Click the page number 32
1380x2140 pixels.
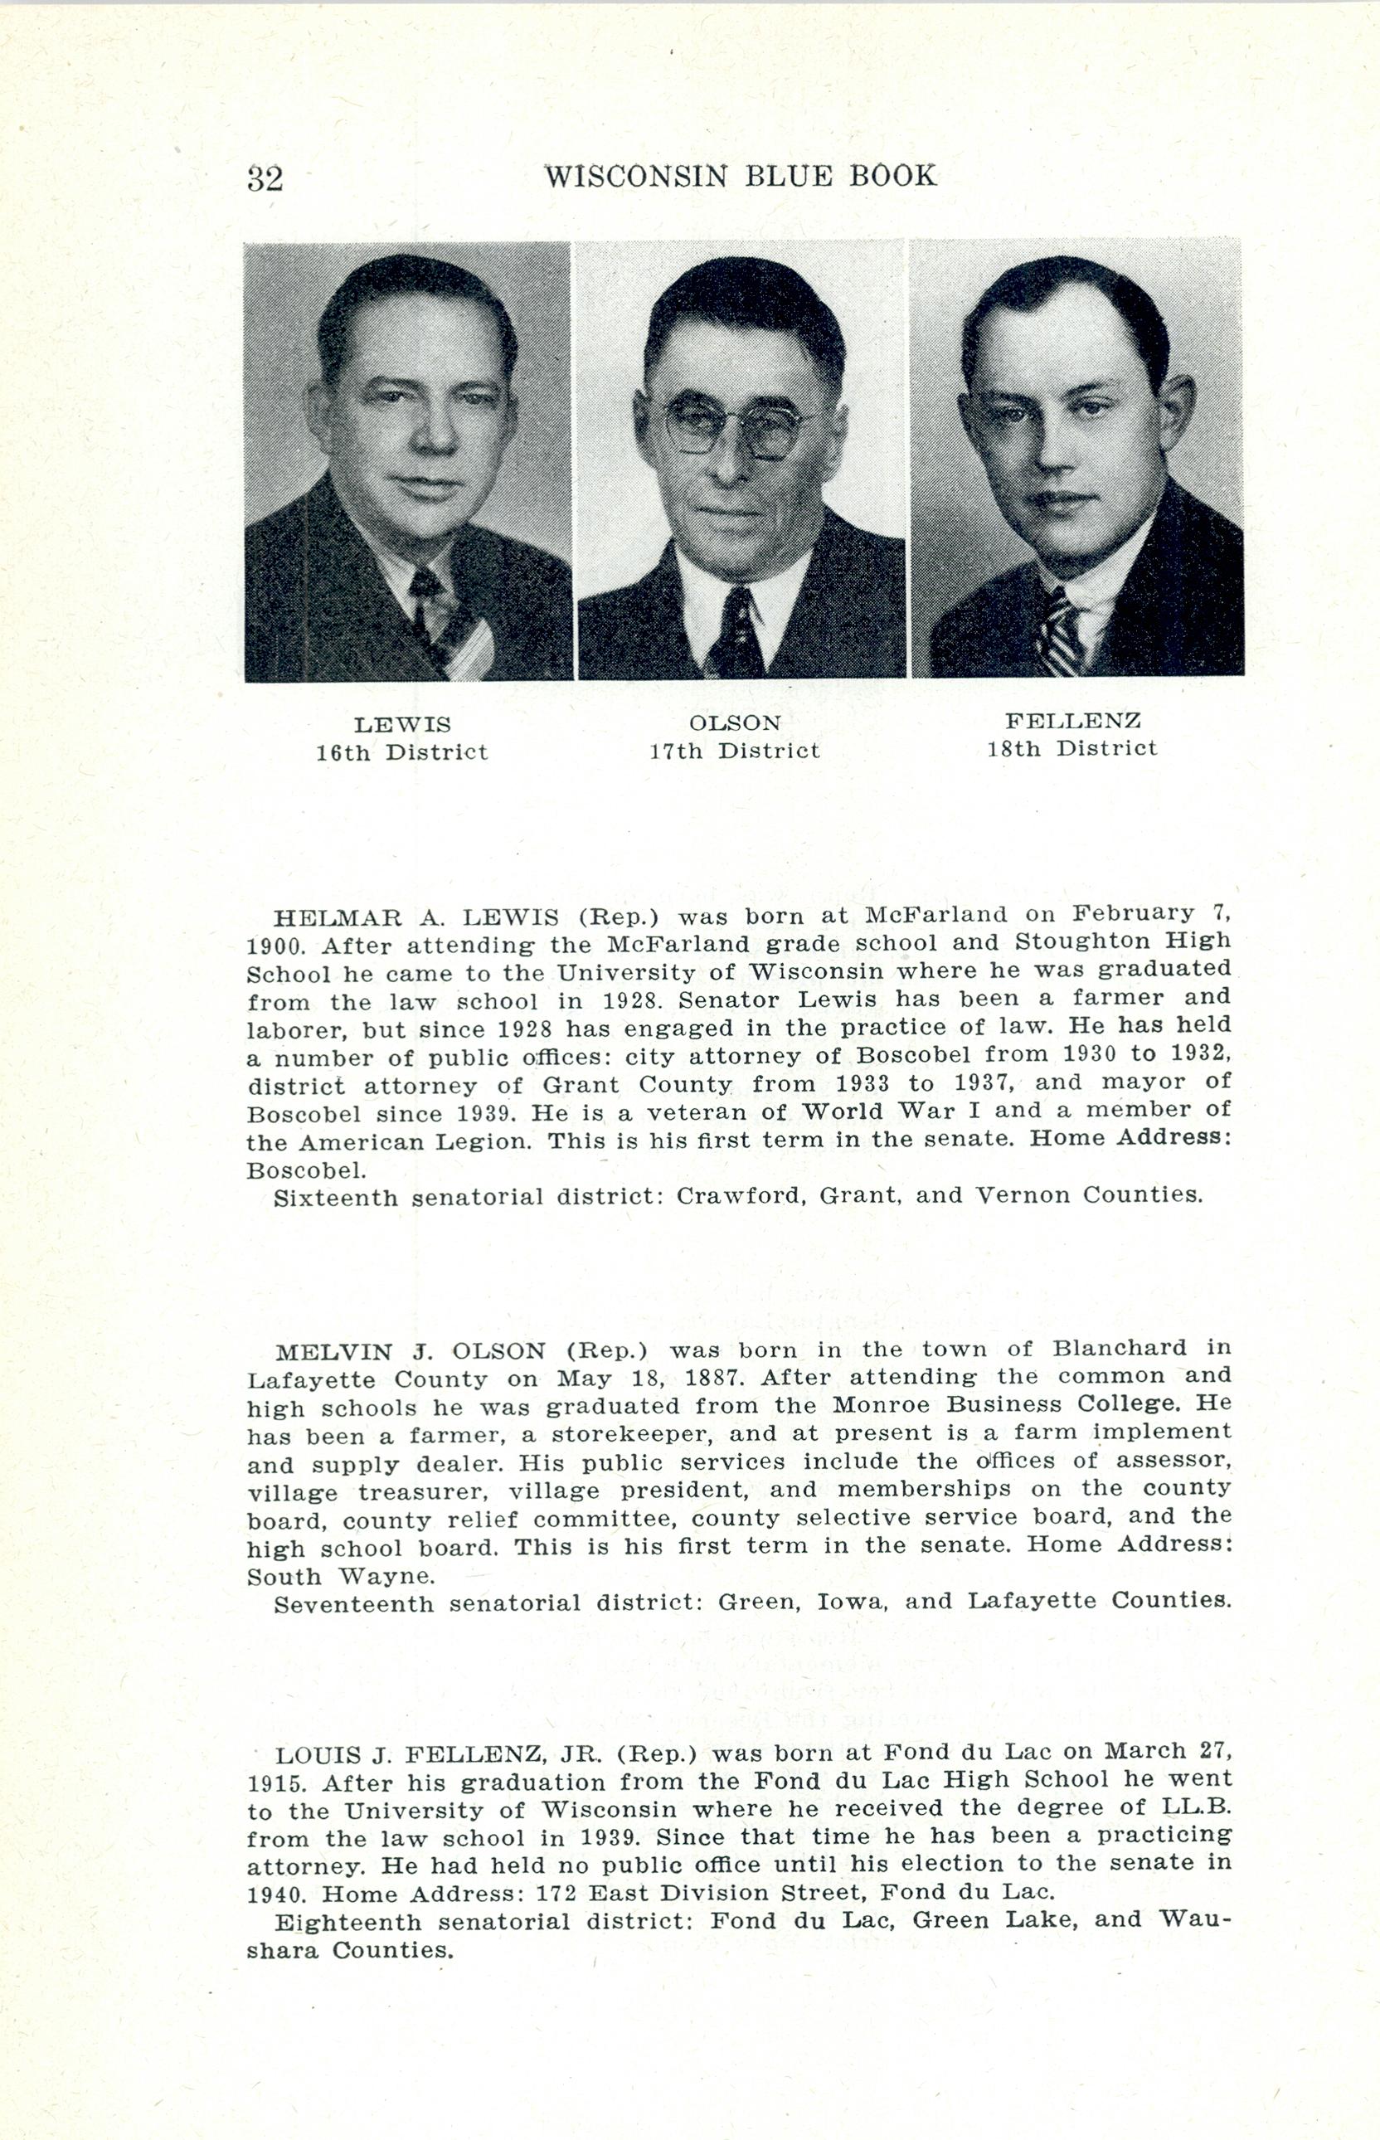point(265,179)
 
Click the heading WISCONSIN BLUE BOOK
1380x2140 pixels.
point(741,176)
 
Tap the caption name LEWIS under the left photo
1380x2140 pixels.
point(402,725)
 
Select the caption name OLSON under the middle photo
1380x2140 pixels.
point(735,723)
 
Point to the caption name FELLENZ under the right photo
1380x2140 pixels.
point(1072,721)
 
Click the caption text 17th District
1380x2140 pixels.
point(735,751)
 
